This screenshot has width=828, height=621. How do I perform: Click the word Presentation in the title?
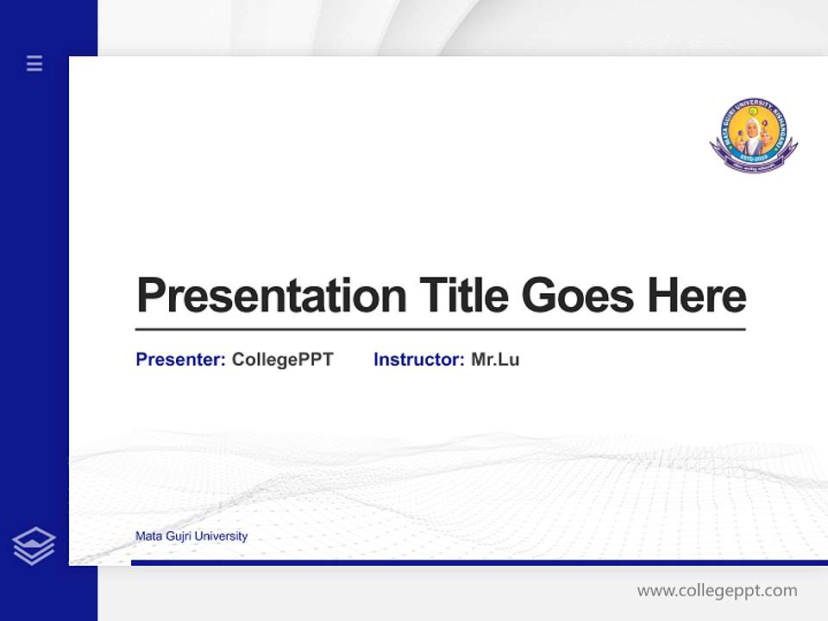(271, 296)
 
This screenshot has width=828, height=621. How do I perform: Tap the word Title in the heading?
(463, 296)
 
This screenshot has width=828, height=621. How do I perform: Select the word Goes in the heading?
(579, 296)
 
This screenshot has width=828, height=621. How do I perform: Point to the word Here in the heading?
(696, 296)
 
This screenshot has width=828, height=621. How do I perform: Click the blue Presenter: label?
(180, 360)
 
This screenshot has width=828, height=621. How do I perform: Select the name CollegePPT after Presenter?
(282, 360)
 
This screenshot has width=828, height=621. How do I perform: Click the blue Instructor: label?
(418, 360)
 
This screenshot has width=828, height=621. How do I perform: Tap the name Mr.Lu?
(495, 360)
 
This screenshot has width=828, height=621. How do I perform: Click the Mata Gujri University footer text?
(191, 536)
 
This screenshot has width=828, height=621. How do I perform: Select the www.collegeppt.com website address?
(717, 591)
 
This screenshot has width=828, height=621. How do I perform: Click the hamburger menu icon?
(34, 63)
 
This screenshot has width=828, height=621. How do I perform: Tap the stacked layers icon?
(34, 546)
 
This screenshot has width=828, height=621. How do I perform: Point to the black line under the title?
(440, 329)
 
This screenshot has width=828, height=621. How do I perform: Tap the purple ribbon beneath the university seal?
(753, 165)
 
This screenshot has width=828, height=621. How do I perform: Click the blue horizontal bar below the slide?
(479, 562)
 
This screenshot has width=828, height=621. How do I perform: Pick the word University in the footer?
(221, 536)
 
